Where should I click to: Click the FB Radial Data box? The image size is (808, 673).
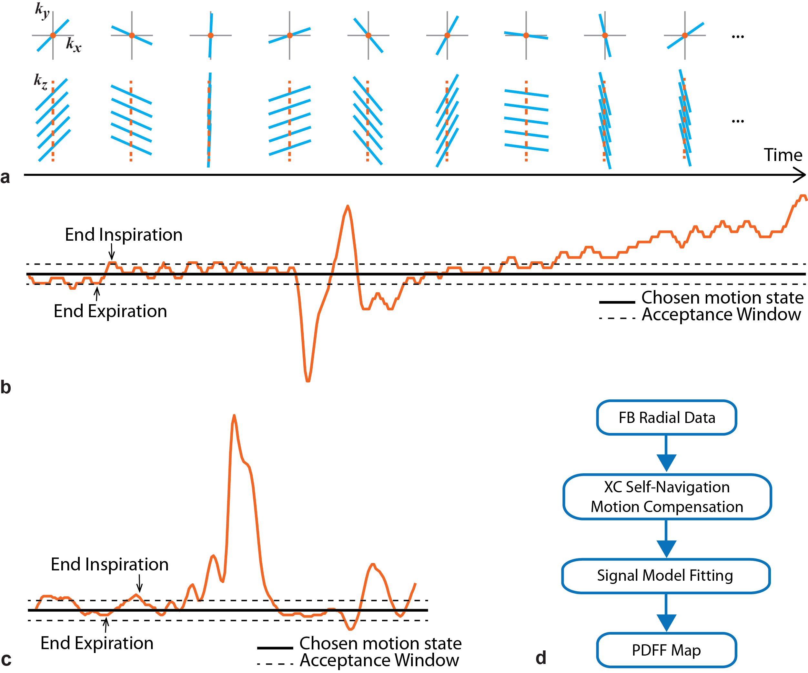[666, 417]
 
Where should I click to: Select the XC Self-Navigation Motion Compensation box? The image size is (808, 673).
[667, 497]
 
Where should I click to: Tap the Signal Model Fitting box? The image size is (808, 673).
[665, 576]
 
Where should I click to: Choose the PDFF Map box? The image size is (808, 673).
[666, 650]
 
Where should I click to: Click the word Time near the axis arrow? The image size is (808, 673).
[783, 155]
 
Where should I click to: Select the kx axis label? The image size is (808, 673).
[73, 45]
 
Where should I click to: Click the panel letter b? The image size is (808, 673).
[6, 387]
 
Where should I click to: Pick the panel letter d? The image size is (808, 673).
[541, 658]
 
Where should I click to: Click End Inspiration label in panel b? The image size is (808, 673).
[124, 235]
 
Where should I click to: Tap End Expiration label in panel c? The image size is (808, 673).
[97, 643]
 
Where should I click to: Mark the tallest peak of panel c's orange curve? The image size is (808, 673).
[234, 416]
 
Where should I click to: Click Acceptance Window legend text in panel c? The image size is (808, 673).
[379, 660]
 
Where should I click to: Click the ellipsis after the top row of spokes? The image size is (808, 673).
[738, 37]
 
